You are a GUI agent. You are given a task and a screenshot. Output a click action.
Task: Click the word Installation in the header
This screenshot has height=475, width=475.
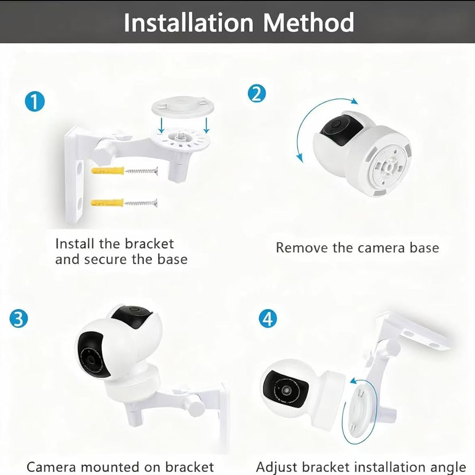tap(189, 22)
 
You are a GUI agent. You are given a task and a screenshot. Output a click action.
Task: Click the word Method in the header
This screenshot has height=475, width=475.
tap(309, 22)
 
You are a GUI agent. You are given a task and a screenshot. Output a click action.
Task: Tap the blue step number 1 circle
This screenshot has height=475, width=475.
tap(35, 102)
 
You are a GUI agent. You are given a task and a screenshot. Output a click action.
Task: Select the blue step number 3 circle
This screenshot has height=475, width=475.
tap(19, 318)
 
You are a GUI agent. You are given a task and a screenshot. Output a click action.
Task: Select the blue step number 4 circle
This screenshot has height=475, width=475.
tap(268, 319)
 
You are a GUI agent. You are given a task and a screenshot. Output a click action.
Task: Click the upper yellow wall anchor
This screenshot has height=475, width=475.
tap(107, 171)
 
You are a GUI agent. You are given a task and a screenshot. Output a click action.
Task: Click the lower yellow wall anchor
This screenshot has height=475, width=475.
tap(107, 202)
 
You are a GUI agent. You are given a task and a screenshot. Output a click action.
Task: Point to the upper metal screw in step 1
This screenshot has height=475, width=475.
tap(142, 171)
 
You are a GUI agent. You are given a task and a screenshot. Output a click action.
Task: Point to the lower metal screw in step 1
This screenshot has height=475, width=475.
tap(141, 203)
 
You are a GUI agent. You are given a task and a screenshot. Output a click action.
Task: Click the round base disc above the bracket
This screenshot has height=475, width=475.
tap(183, 106)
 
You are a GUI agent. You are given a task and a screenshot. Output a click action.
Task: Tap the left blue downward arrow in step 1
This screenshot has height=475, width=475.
tap(161, 125)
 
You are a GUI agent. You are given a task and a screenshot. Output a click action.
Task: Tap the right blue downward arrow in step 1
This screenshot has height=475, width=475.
tap(207, 125)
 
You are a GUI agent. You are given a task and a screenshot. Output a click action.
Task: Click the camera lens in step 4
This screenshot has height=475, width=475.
tap(285, 389)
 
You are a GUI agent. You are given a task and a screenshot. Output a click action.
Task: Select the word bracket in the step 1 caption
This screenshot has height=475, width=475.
tap(149, 244)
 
